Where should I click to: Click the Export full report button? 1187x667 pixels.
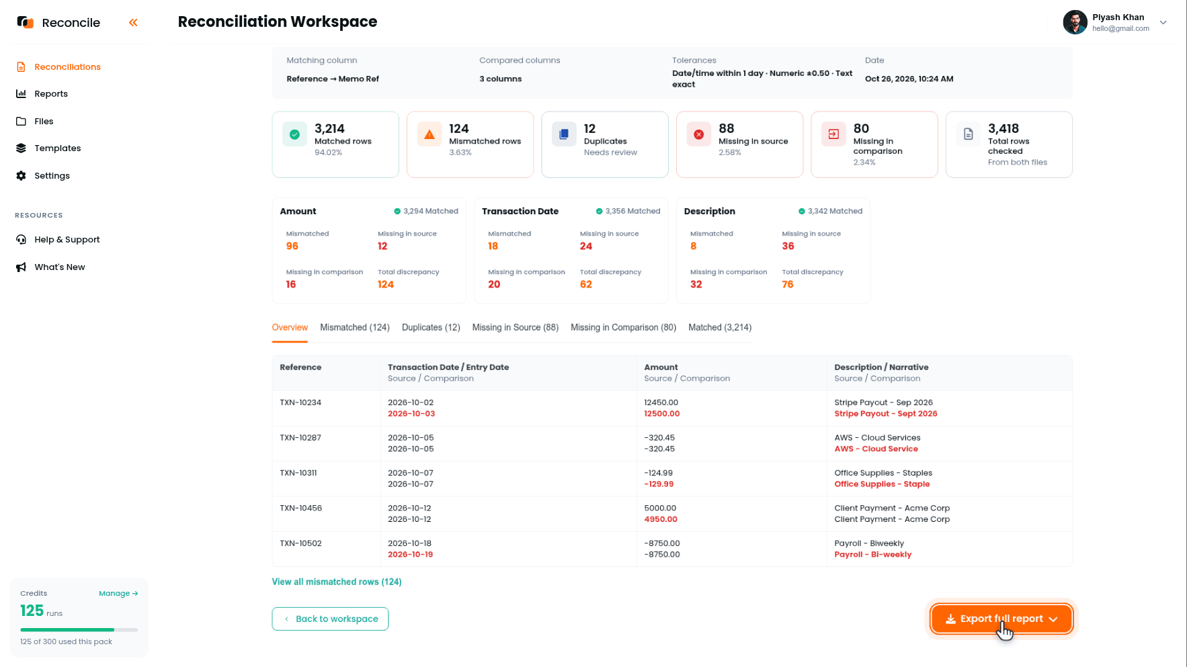(x=1001, y=619)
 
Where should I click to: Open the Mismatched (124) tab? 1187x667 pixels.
(x=355, y=327)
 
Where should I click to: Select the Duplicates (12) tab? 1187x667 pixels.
(x=431, y=327)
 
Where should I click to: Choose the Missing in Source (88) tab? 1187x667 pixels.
(x=516, y=327)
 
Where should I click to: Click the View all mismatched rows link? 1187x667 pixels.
(x=337, y=582)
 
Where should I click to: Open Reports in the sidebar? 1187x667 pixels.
(x=51, y=94)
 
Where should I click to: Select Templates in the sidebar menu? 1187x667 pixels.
(x=57, y=148)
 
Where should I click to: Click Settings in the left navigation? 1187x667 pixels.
(x=52, y=176)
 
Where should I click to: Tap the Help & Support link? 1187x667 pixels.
(x=67, y=240)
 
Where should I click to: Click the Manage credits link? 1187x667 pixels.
(x=118, y=593)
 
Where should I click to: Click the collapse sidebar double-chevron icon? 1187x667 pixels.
(x=133, y=23)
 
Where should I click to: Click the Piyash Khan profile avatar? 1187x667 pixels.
(x=1075, y=22)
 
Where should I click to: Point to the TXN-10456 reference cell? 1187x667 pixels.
(x=301, y=508)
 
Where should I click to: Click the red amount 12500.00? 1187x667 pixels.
(x=662, y=414)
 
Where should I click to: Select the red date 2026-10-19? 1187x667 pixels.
(x=411, y=555)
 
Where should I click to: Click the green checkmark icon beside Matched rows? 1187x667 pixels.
(x=294, y=134)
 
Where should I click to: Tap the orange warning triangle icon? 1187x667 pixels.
(x=429, y=134)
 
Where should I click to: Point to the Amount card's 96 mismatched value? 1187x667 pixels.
(x=292, y=247)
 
